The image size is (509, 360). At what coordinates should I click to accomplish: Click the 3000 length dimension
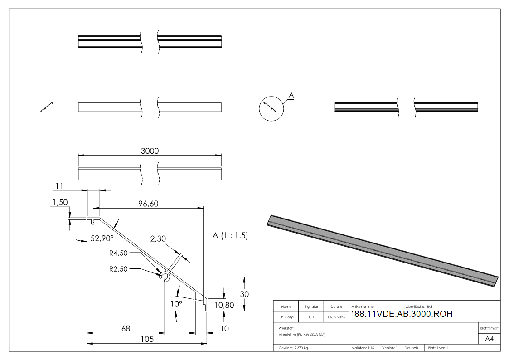point(150,151)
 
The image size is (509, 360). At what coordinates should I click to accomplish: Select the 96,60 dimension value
point(148,204)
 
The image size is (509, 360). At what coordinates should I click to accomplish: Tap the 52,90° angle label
point(102,238)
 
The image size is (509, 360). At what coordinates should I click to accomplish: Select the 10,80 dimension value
point(224,305)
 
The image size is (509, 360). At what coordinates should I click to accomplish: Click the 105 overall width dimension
point(147,339)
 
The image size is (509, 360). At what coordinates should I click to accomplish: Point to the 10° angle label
point(176,304)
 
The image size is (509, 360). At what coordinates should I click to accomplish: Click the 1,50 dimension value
point(59,203)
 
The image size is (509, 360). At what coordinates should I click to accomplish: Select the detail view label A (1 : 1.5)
point(230,236)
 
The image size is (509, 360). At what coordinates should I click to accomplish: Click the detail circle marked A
point(271,109)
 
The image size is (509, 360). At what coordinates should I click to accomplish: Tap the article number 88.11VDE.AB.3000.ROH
point(402,314)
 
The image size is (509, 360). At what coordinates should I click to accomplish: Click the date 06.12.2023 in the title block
point(336,317)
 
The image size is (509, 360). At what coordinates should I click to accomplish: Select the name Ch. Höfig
point(286,317)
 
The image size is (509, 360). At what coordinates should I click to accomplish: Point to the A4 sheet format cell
point(489,338)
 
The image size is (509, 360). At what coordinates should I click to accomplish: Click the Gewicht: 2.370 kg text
point(294,348)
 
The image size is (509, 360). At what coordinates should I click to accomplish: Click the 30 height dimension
point(245,294)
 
